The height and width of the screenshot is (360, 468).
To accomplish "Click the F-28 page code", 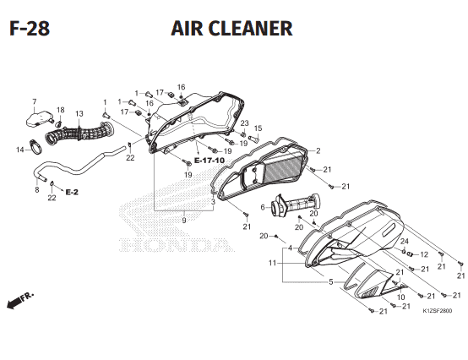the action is click(30, 29).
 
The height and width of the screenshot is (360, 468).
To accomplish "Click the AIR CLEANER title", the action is click(231, 29).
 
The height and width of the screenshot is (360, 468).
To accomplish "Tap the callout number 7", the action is click(35, 101).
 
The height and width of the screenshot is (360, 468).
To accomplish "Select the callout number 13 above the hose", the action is click(79, 114).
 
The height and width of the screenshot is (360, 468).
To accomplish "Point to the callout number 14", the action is click(20, 150).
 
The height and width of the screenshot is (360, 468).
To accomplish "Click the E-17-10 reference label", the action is click(210, 161).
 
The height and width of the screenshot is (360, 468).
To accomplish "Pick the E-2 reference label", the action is click(72, 192).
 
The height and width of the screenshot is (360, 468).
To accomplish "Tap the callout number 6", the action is click(263, 207).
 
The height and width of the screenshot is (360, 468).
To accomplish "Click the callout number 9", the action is click(184, 221).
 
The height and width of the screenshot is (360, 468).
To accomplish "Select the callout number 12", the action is click(424, 254).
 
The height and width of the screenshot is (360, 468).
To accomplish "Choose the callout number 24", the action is click(405, 241).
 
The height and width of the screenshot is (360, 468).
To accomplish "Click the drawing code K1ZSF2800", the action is click(438, 311).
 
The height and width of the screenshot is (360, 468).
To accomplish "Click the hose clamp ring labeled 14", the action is click(35, 146).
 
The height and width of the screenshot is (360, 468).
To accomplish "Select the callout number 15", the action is click(258, 128).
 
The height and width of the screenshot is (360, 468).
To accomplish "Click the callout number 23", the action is click(244, 123).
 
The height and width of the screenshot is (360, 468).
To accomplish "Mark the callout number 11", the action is click(272, 263).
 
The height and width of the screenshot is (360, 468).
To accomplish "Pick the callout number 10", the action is click(401, 297).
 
